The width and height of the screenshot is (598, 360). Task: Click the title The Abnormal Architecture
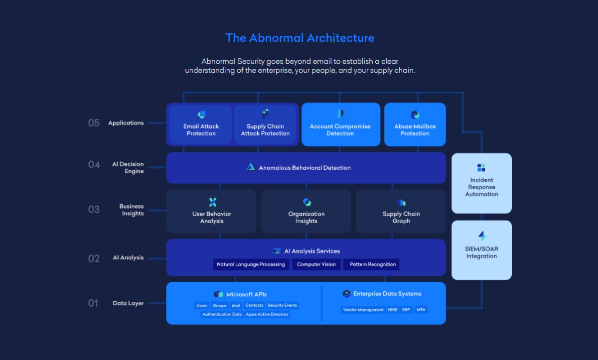299,38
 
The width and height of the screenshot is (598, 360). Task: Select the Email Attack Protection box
201,124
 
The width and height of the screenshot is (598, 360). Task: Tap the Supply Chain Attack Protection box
265,124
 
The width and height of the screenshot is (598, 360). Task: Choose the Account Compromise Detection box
340,124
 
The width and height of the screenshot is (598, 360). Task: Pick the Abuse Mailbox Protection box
415,124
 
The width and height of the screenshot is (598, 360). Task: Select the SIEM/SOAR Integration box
481,249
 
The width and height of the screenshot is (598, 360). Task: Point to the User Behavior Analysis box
211,211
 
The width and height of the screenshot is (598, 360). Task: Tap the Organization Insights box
306,211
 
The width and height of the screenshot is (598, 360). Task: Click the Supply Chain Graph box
401,211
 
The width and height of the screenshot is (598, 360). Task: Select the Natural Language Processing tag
251,264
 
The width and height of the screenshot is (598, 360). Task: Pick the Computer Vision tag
316,264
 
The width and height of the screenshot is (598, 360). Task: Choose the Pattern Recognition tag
372,264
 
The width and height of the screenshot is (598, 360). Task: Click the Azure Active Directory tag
267,315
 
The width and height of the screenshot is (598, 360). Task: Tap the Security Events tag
282,306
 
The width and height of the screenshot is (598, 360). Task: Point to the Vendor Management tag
363,310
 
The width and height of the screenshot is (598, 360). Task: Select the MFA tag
421,310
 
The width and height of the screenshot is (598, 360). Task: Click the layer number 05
94,123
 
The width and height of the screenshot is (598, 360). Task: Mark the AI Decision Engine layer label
128,167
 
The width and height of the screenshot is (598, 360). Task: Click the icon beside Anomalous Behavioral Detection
251,167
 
